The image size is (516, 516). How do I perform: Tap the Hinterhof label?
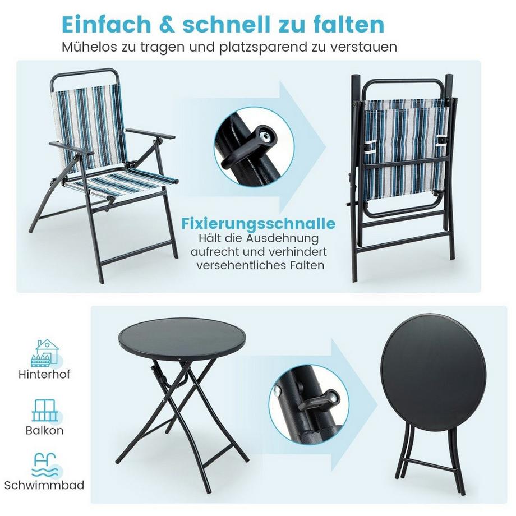[44, 375]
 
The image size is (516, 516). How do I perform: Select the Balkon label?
[44, 431]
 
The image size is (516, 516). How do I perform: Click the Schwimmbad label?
[44, 485]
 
